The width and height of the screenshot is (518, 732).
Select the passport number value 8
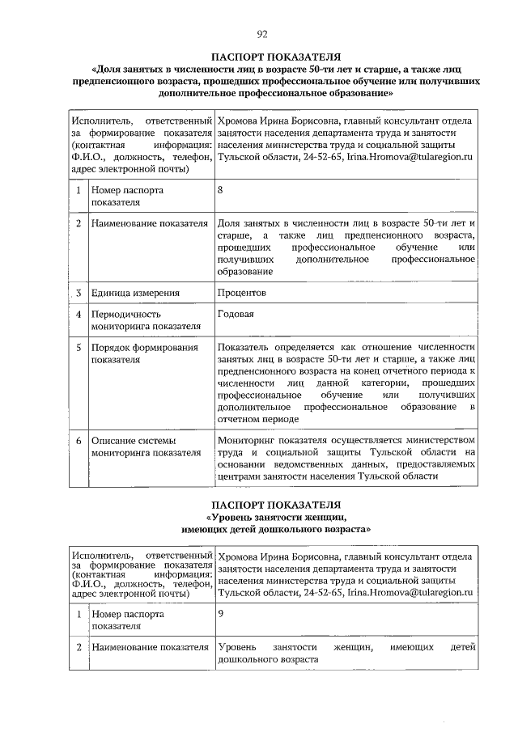pos(221,189)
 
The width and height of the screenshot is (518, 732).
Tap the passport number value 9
pos(221,613)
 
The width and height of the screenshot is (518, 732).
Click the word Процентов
pos(243,292)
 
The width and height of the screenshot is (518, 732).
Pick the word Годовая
pos(236,314)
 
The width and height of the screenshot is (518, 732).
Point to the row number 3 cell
pos(78,292)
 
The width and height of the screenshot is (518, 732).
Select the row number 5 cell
pos(78,347)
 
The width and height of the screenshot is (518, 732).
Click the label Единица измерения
pos(134,292)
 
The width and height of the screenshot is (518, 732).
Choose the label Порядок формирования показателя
pos(144,353)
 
